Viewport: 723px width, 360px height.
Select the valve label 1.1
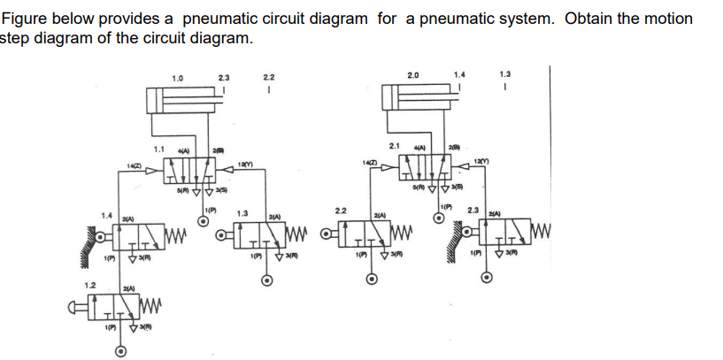click(159, 149)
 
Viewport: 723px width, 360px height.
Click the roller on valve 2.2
click(327, 238)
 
